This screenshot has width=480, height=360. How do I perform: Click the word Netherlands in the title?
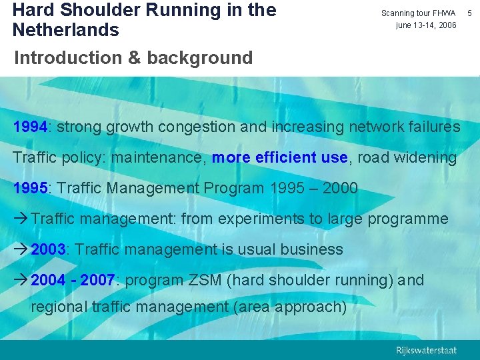(65, 30)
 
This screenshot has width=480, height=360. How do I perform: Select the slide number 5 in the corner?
(472, 13)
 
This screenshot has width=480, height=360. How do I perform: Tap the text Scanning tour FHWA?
(418, 13)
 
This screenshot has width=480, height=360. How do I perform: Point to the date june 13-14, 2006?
(426, 25)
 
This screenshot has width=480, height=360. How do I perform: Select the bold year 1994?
(31, 127)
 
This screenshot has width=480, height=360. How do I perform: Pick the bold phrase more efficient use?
(279, 158)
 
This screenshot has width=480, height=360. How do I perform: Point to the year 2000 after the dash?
(340, 189)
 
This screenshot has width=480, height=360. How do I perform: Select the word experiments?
(245, 219)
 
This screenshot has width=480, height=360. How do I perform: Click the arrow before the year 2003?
(21, 250)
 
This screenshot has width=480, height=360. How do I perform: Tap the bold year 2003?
(48, 250)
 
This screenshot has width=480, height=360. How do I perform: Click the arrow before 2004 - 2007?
(21, 280)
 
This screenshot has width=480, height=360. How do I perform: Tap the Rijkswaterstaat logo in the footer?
(426, 350)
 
